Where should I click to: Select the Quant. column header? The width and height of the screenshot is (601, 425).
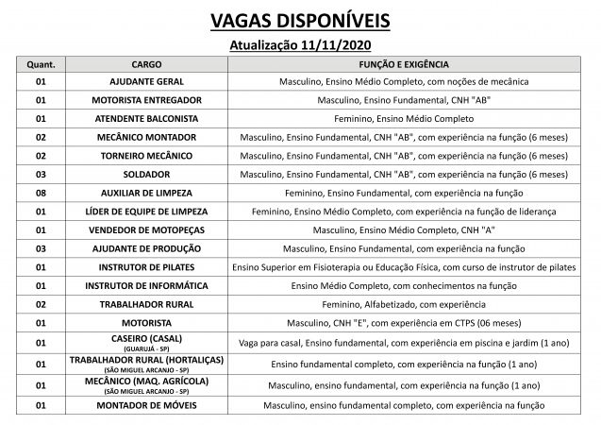(41, 64)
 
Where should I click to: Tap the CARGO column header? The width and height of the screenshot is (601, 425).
(146, 64)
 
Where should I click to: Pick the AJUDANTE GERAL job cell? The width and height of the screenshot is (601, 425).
(146, 82)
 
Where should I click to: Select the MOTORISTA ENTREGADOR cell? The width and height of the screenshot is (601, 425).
(146, 100)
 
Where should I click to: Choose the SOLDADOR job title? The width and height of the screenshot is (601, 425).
(146, 174)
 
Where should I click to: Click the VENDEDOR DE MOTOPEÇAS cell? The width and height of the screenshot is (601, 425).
(146, 229)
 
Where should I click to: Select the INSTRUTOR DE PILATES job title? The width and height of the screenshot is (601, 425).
(146, 267)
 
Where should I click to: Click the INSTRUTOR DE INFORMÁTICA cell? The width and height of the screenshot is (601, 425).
(146, 285)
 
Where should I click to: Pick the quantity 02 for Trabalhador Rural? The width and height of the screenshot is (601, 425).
(41, 304)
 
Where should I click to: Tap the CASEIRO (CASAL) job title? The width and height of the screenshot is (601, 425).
(146, 339)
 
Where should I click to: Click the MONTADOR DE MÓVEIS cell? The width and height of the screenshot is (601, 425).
(146, 405)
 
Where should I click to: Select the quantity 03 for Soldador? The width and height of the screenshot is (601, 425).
(41, 174)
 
